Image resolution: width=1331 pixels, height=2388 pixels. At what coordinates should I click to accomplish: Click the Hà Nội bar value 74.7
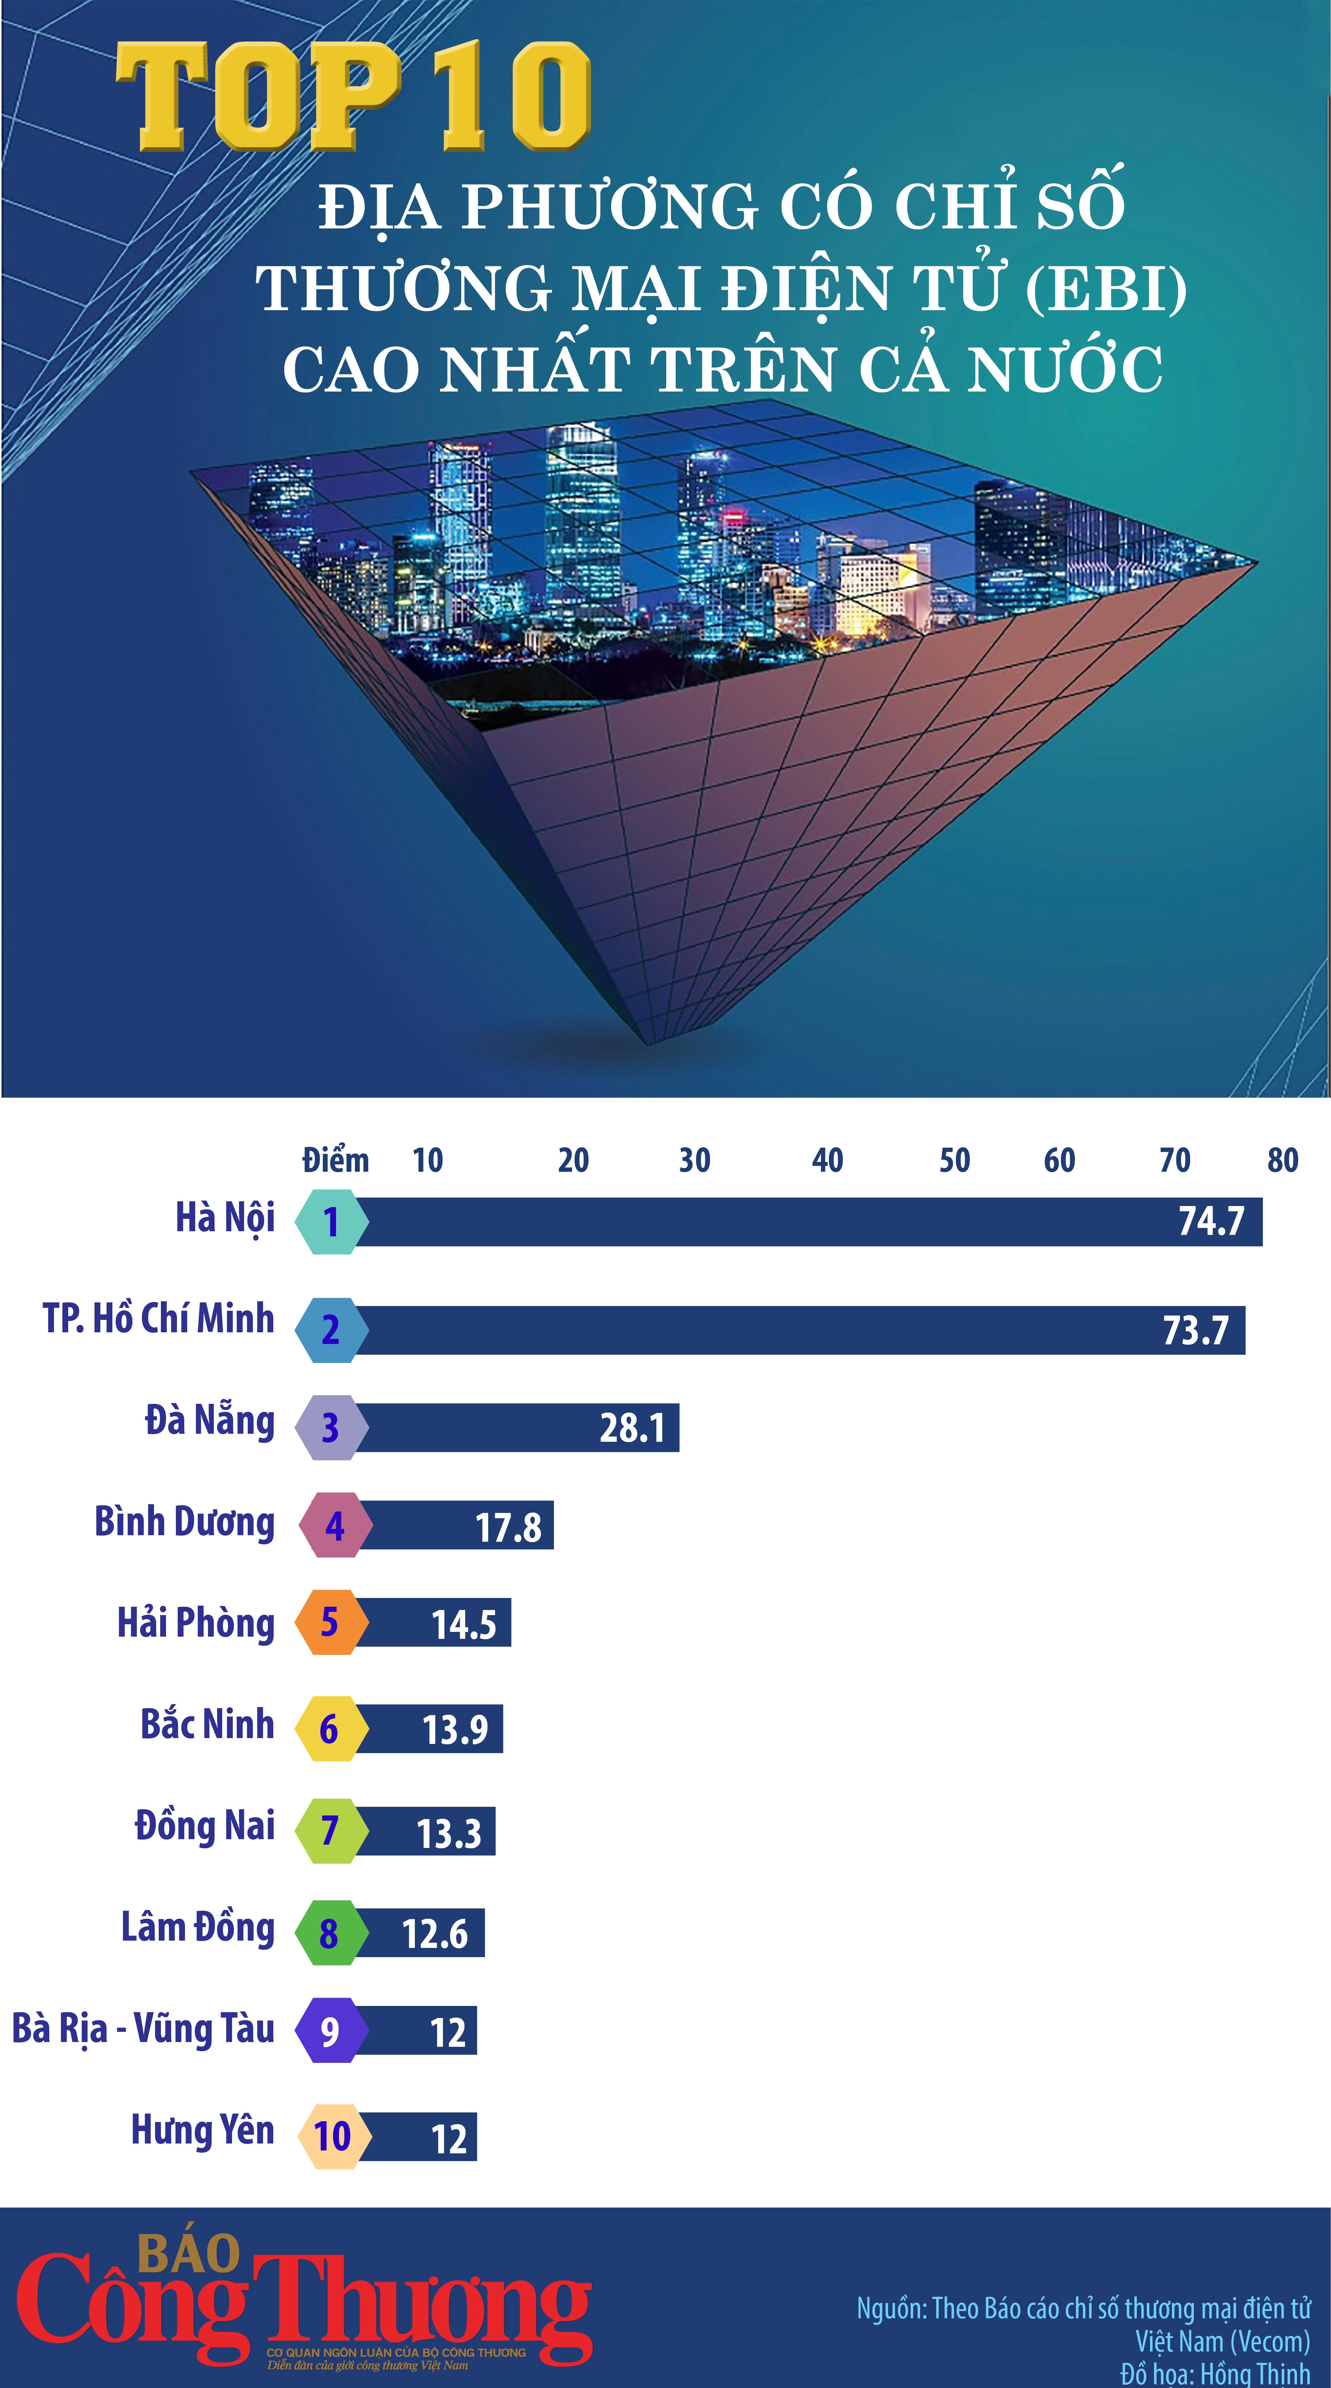pos(1211,1222)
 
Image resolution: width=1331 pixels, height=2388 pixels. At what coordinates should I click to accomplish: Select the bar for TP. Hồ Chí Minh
pos(797,1330)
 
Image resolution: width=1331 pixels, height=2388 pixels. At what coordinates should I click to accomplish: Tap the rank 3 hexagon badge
pos(330,1428)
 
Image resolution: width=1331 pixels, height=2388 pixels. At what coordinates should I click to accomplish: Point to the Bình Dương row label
pos(185,1523)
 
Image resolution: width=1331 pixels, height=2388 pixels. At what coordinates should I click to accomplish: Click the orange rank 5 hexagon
pos(330,1622)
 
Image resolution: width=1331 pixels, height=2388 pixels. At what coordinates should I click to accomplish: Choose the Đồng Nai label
pos(205,1826)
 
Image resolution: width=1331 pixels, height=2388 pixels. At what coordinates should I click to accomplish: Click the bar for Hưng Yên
pos(417,2137)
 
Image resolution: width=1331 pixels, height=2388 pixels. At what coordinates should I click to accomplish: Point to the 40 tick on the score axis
pos(827,1160)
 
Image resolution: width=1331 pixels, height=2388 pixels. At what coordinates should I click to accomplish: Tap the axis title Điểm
pos(336,1160)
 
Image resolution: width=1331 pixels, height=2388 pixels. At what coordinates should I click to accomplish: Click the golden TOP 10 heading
pos(352,97)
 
